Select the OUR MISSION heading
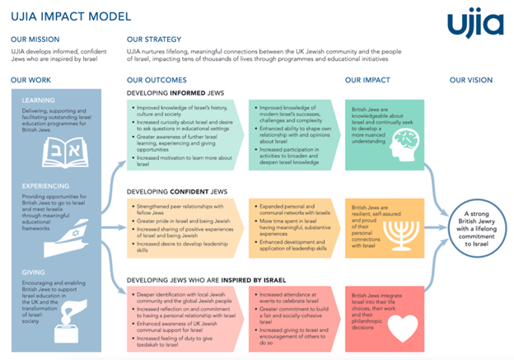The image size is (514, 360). click(x=34, y=39)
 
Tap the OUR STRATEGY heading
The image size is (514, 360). click(x=153, y=39)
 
